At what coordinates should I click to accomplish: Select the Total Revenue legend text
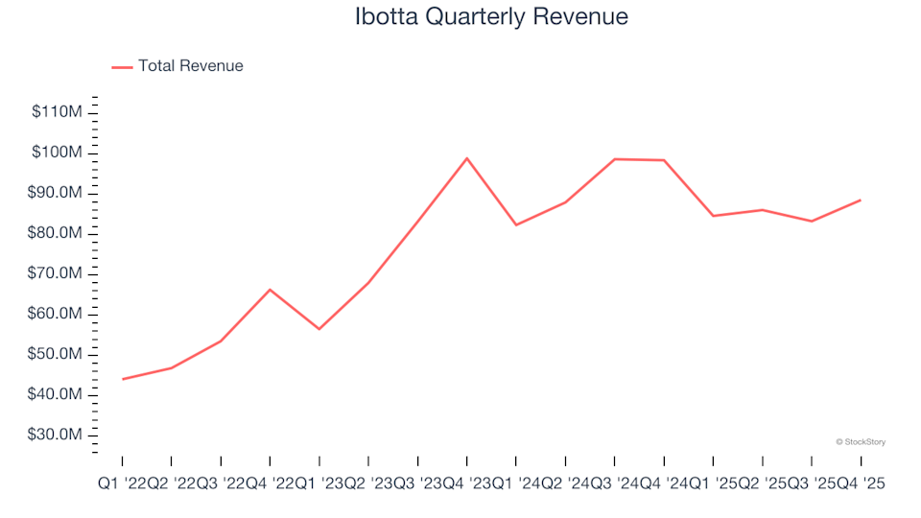pyautogui.click(x=190, y=66)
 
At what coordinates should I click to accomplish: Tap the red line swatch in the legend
pyautogui.click(x=122, y=67)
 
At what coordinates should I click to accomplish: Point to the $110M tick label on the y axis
pyautogui.click(x=58, y=112)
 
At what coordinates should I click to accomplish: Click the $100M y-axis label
pyautogui.click(x=58, y=153)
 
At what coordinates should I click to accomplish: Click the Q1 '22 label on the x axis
pyautogui.click(x=123, y=485)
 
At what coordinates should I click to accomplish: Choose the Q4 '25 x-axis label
pyautogui.click(x=860, y=485)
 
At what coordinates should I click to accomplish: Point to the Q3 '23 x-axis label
pyautogui.click(x=417, y=485)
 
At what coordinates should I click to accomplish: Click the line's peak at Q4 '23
pyautogui.click(x=467, y=158)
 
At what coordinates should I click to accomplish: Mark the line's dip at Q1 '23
pyautogui.click(x=319, y=329)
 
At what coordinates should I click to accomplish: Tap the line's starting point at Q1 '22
pyautogui.click(x=123, y=379)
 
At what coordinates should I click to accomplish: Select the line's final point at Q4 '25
pyautogui.click(x=861, y=200)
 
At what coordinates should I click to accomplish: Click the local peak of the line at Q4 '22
pyautogui.click(x=270, y=289)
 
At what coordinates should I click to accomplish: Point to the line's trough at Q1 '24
pyautogui.click(x=516, y=225)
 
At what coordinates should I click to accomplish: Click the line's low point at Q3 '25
pyautogui.click(x=812, y=222)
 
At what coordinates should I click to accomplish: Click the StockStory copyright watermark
pyautogui.click(x=861, y=442)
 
